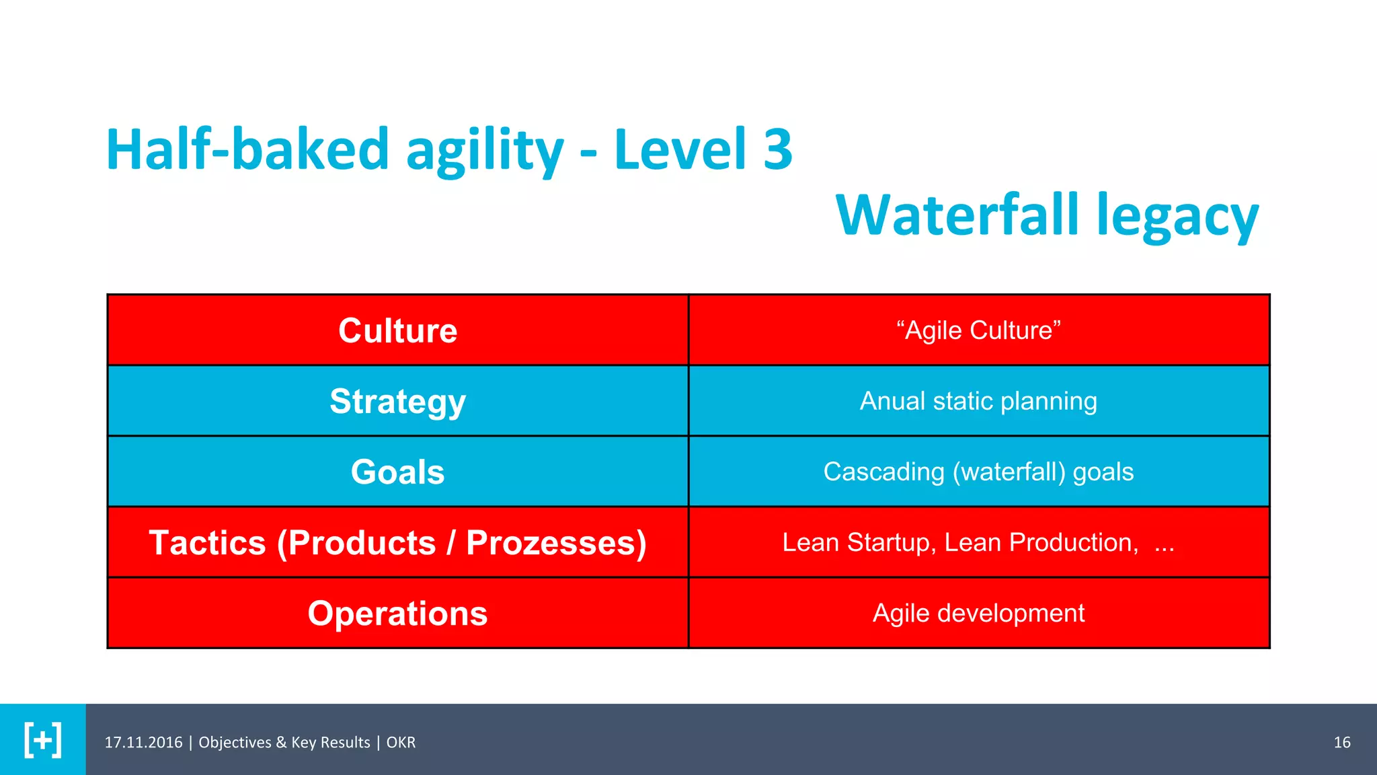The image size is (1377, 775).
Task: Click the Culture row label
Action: tap(397, 330)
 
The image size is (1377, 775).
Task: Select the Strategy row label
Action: tap(397, 402)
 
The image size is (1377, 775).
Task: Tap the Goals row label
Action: tap(397, 472)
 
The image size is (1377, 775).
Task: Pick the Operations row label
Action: tap(397, 614)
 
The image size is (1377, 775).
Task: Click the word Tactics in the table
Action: tap(207, 543)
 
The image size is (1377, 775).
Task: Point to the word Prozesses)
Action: tap(556, 543)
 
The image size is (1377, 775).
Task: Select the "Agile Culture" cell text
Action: tap(978, 330)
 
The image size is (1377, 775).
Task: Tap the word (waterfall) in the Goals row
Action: tap(1009, 472)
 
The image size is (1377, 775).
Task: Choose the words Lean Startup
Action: tap(858, 542)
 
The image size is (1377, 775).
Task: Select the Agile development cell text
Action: tap(978, 613)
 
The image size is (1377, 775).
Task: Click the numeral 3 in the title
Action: tap(778, 149)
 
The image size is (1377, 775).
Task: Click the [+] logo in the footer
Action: tap(43, 740)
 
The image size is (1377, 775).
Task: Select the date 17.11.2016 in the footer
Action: tap(143, 742)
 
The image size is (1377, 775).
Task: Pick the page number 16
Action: tap(1341, 742)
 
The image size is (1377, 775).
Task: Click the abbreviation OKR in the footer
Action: tap(401, 742)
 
